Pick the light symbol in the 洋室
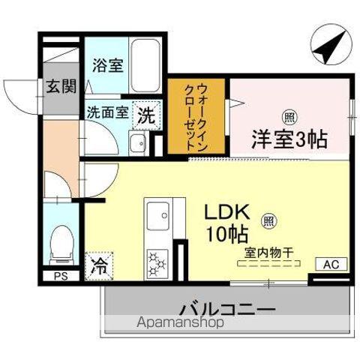pyautogui.click(x=287, y=115)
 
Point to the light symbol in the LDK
pyautogui.click(x=267, y=221)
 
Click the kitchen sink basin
pyautogui.click(x=160, y=217)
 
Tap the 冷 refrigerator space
pyautogui.click(x=98, y=264)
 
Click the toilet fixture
pyautogui.click(x=59, y=243)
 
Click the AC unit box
pyautogui.click(x=331, y=264)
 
